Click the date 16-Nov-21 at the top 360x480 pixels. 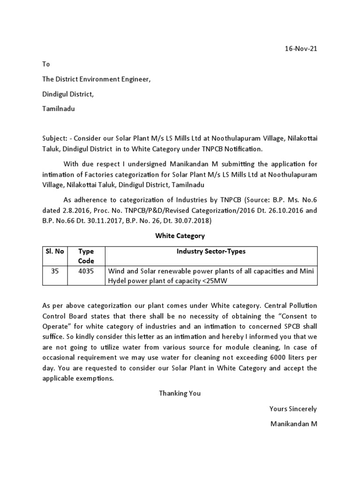(x=301, y=49)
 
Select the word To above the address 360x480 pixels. (x=46, y=64)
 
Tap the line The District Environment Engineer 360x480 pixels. (x=97, y=79)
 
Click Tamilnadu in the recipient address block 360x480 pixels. (x=58, y=109)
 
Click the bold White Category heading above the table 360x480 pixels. (x=180, y=236)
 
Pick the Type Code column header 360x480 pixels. (x=86, y=256)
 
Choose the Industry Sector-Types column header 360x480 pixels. (x=211, y=251)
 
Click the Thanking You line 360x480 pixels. (x=180, y=393)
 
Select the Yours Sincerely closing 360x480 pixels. (x=293, y=409)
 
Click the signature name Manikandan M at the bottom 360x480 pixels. (x=294, y=424)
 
